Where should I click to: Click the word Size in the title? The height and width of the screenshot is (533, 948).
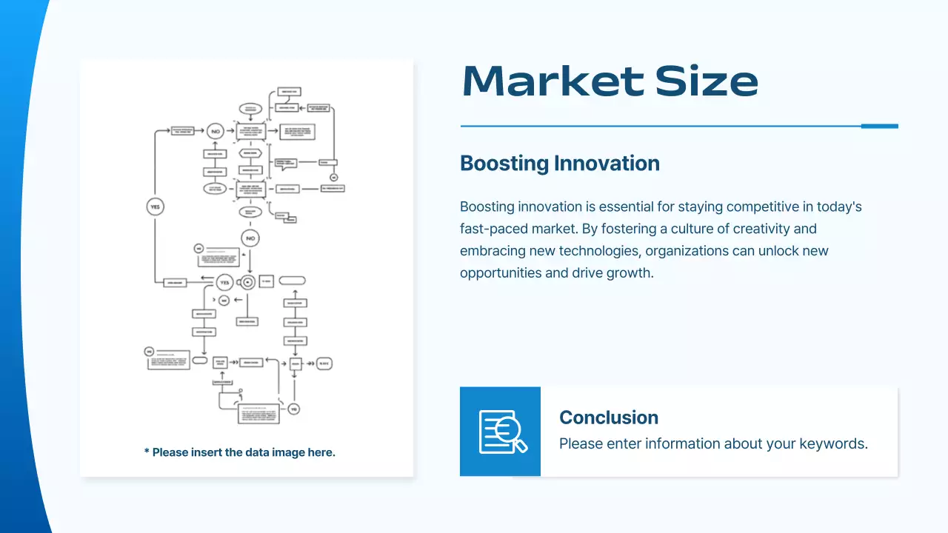click(707, 81)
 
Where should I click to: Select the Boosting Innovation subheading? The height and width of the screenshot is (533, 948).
click(559, 163)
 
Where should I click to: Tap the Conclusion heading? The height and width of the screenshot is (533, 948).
click(608, 418)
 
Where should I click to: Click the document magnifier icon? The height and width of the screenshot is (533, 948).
click(501, 432)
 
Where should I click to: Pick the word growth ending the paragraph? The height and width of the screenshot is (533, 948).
click(626, 272)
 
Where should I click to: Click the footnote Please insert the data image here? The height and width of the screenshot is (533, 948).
click(239, 452)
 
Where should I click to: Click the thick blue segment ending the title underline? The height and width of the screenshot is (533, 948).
click(879, 126)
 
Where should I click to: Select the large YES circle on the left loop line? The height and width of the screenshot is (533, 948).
click(155, 207)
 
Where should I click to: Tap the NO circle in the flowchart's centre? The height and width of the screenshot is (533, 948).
click(250, 238)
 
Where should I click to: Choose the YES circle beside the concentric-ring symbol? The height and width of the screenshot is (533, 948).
click(225, 282)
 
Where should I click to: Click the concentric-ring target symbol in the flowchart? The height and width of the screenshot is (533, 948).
click(247, 282)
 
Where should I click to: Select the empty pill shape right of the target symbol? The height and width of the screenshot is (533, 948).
click(292, 281)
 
